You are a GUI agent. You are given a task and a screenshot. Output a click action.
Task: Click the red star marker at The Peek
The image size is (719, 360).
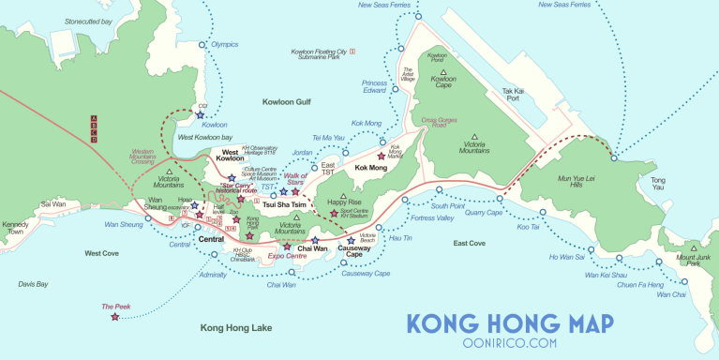point(115,317)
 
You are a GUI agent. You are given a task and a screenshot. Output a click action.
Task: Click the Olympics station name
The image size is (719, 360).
point(225,44)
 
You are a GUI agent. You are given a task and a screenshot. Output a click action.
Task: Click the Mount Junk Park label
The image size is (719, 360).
point(693,261)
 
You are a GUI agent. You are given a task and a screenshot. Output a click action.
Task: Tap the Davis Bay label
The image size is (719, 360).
point(34,283)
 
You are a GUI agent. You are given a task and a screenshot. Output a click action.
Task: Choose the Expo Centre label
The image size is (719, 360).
point(288,255)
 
